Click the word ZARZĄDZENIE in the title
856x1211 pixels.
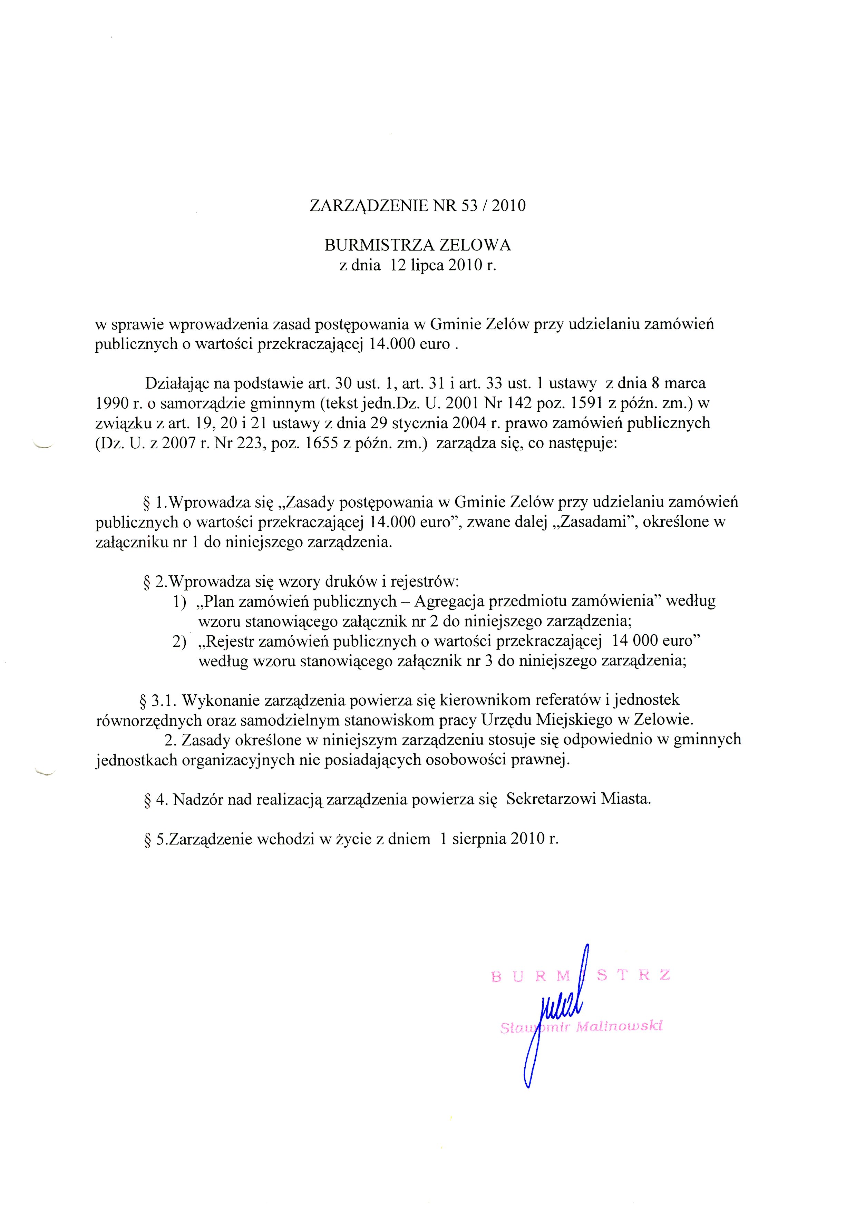pyautogui.click(x=369, y=206)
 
